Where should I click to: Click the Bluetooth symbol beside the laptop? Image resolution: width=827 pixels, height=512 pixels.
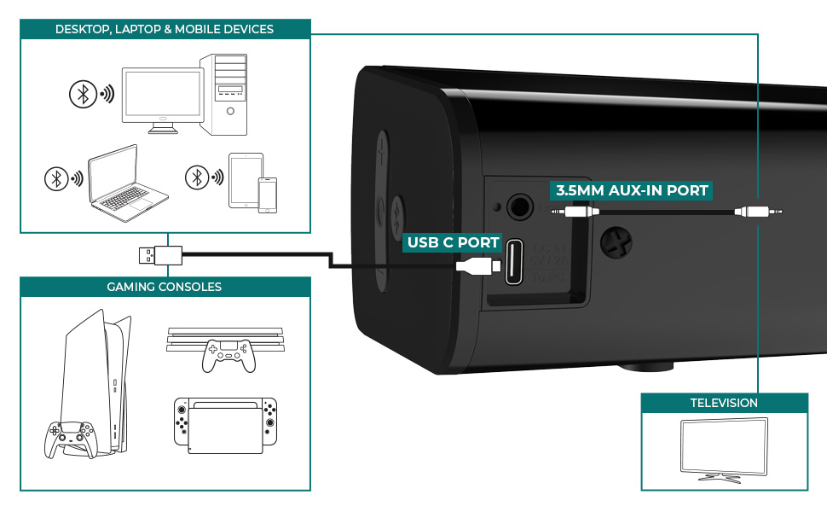point(56,179)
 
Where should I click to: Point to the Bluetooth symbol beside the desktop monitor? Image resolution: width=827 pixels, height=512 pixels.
point(82,95)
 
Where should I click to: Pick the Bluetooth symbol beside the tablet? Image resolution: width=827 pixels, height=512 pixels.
point(198,177)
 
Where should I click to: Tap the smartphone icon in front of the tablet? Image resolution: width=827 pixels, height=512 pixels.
point(268,195)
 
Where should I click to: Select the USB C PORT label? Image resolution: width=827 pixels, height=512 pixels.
point(453,242)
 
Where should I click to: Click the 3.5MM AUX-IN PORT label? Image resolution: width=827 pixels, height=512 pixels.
point(632,189)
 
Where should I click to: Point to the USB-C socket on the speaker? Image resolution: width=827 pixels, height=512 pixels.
point(516,262)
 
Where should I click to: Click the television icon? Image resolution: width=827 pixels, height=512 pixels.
point(723,449)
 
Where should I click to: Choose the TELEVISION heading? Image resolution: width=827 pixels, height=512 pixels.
point(724,403)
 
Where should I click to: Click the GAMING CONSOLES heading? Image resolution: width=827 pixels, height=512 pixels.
point(165,287)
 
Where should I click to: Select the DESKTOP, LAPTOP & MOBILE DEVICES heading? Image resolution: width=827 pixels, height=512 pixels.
point(165,29)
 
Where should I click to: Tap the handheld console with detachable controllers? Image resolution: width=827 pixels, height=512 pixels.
point(224,425)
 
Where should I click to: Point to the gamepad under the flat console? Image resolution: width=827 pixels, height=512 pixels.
point(228,356)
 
